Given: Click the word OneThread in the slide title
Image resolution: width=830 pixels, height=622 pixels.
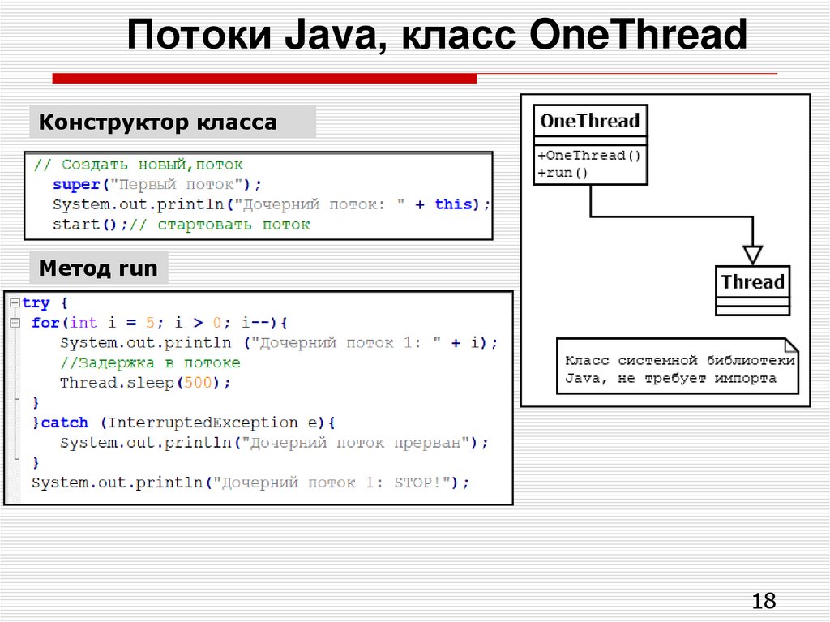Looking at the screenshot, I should (x=638, y=36).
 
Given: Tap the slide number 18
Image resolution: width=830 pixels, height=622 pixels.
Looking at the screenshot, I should (x=764, y=601).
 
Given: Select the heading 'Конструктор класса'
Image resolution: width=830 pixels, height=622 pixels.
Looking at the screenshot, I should (x=158, y=122).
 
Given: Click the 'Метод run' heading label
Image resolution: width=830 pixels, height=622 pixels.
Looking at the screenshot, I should (x=98, y=268).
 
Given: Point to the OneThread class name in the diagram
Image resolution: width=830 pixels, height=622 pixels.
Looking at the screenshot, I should (x=589, y=122).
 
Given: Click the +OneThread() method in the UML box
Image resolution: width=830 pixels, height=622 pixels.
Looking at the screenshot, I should (x=589, y=155).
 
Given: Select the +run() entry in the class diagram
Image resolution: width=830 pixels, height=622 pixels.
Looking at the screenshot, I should (x=563, y=173).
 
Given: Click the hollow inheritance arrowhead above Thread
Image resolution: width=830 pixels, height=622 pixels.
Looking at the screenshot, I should (x=753, y=255).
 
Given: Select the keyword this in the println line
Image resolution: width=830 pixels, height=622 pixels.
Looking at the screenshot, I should (x=453, y=204).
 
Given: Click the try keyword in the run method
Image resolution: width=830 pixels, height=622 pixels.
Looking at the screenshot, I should (x=36, y=303).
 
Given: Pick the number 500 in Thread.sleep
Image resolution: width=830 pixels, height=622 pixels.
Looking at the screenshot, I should (x=197, y=383).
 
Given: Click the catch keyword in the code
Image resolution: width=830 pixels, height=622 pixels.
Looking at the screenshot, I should (x=65, y=423).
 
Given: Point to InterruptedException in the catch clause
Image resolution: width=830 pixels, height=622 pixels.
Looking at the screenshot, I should (x=203, y=423).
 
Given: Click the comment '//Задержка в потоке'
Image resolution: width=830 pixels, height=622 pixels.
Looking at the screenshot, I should (x=150, y=362).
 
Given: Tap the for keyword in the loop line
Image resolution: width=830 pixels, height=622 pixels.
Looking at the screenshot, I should (x=45, y=323).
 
